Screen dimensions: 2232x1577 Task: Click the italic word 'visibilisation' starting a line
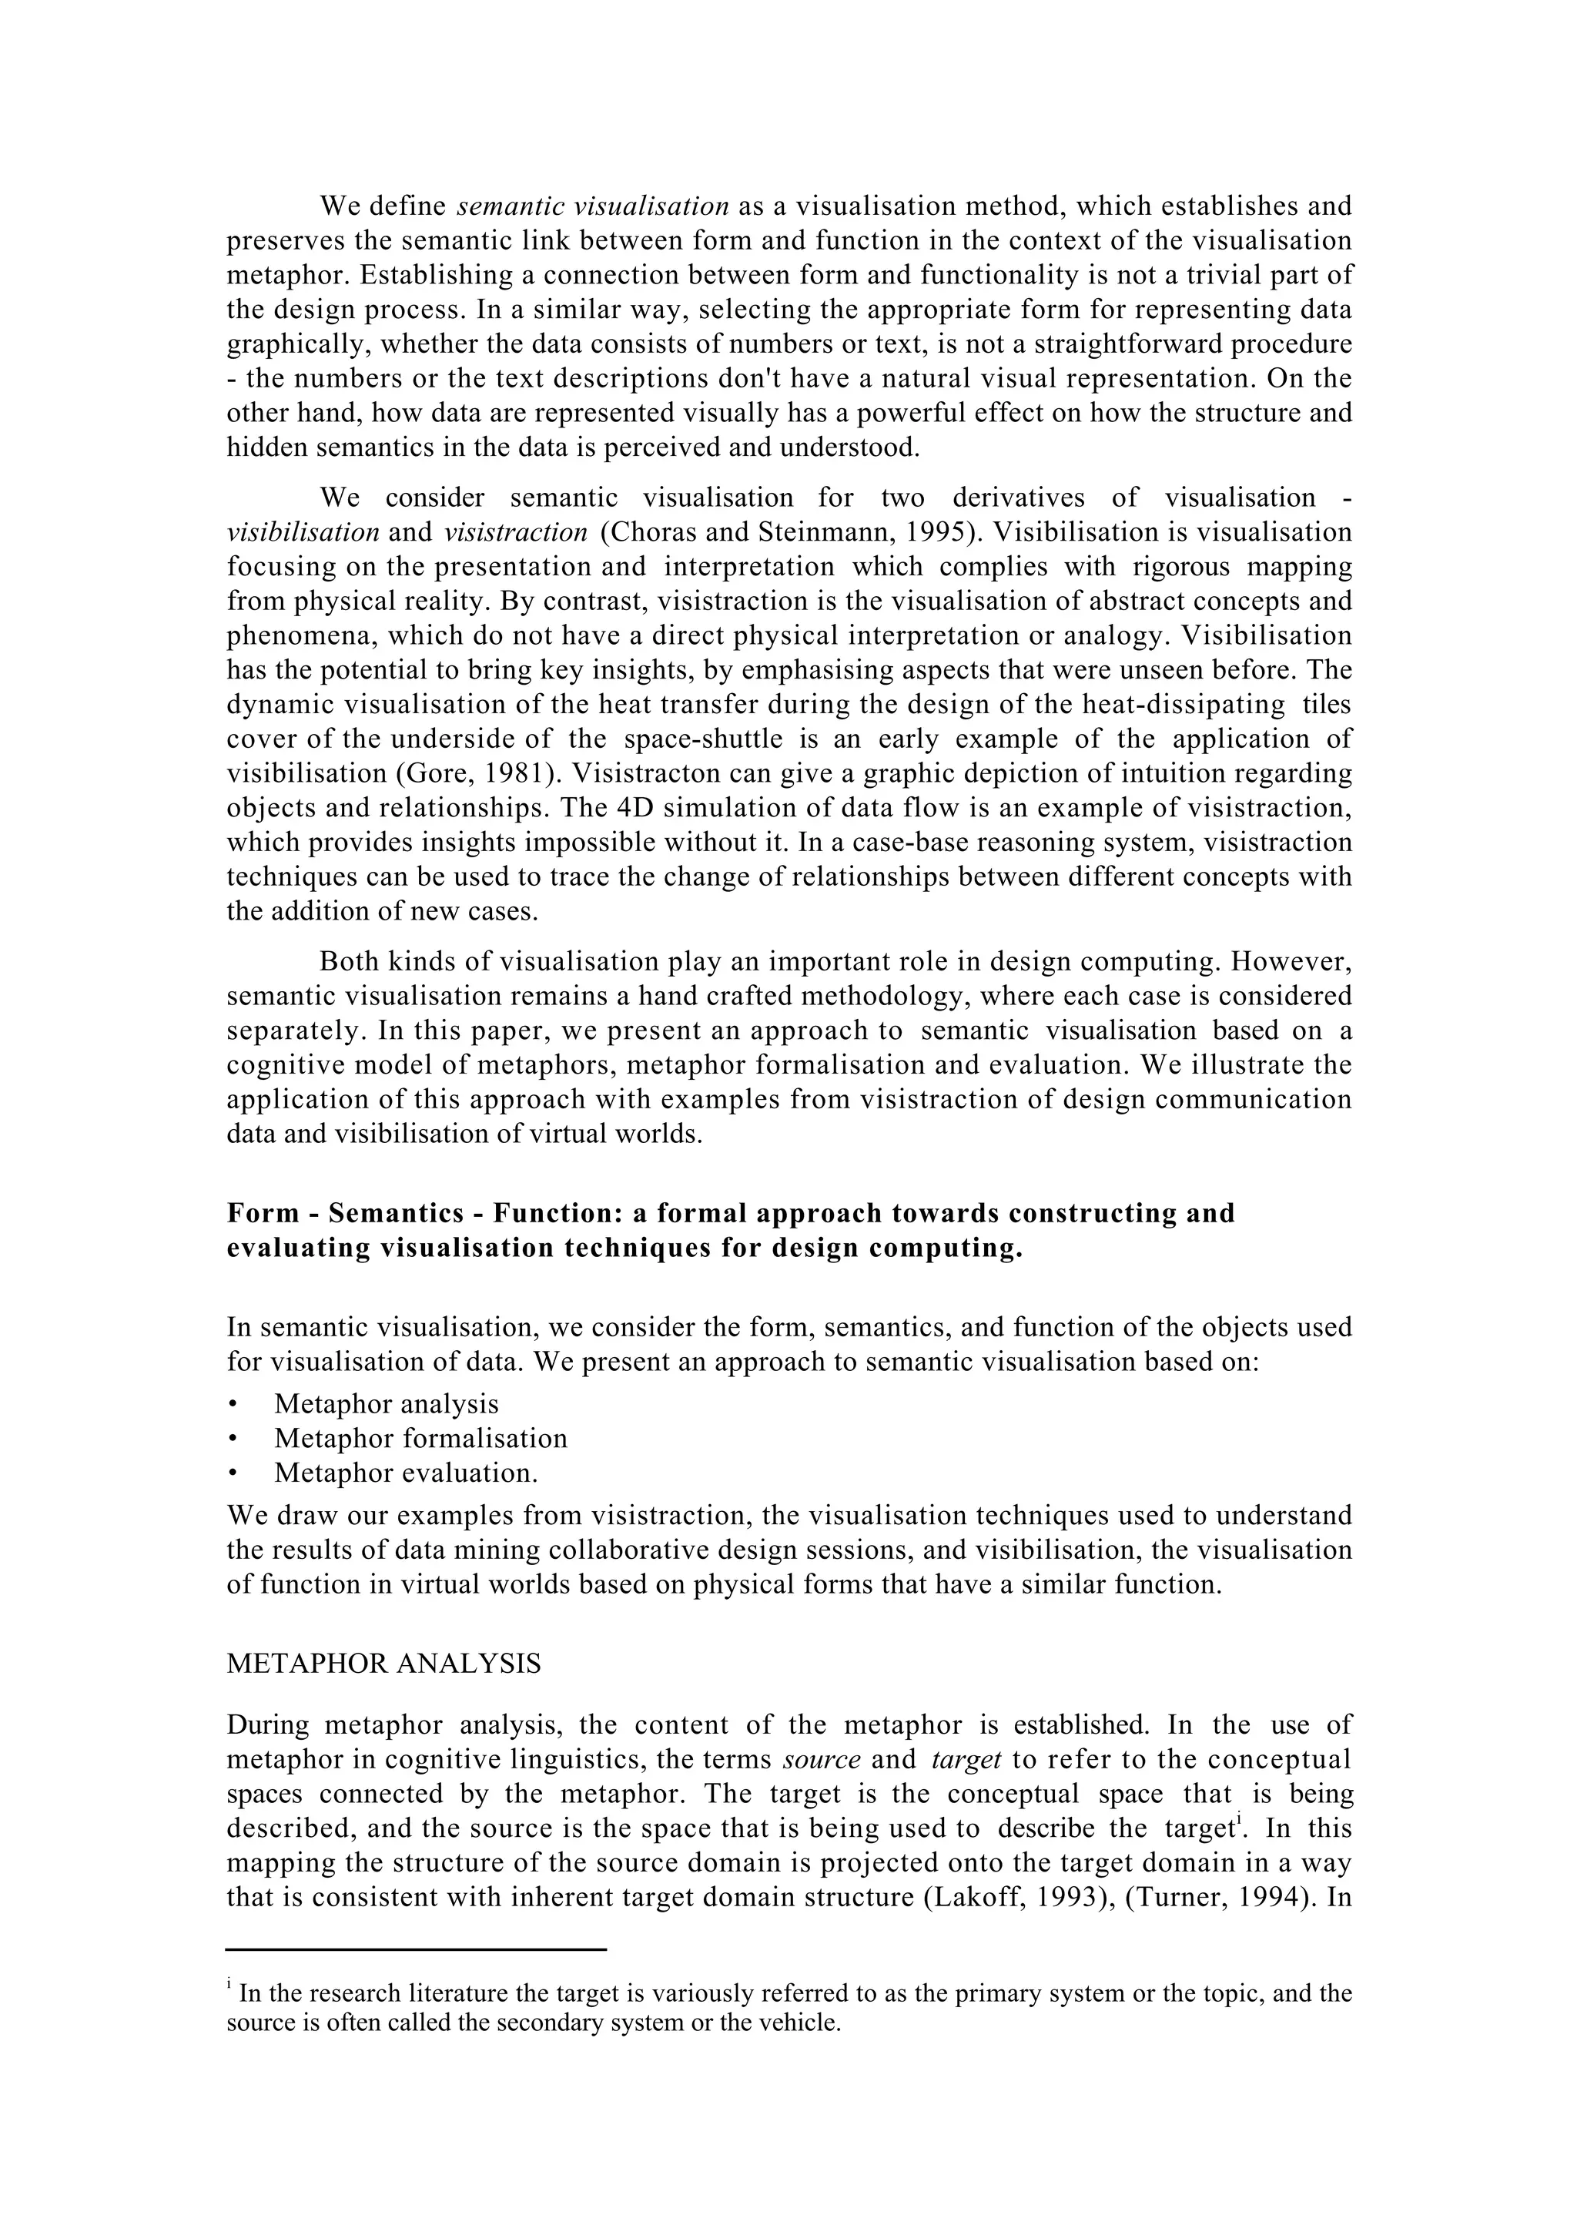tap(302, 533)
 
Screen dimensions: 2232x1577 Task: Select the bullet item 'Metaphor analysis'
tap(386, 1404)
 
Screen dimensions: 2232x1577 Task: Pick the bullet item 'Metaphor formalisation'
tap(420, 1438)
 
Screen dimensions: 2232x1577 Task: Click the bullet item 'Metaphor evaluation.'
tap(405, 1473)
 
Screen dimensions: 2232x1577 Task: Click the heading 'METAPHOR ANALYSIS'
tap(383, 1664)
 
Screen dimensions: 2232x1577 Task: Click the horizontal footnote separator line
tap(416, 1949)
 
